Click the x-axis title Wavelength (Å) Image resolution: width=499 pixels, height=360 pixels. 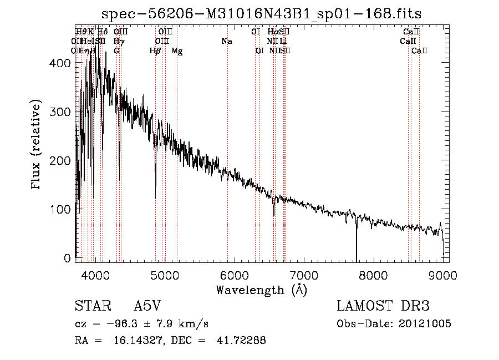click(x=261, y=290)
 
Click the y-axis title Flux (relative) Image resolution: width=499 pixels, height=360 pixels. click(x=37, y=145)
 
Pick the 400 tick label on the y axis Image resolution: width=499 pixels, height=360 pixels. click(x=62, y=63)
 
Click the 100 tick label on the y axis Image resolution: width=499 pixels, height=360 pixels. click(x=62, y=209)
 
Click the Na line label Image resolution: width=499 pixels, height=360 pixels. click(x=226, y=41)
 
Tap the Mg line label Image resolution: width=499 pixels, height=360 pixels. click(x=177, y=50)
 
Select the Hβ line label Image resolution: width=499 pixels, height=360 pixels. click(x=155, y=50)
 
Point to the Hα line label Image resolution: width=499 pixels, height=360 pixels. click(x=272, y=32)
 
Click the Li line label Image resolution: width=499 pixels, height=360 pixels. click(x=283, y=41)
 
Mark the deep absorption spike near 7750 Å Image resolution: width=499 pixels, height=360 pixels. click(x=357, y=239)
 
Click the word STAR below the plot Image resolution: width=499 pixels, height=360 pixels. click(x=91, y=306)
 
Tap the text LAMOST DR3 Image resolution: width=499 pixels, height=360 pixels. click(x=383, y=306)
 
